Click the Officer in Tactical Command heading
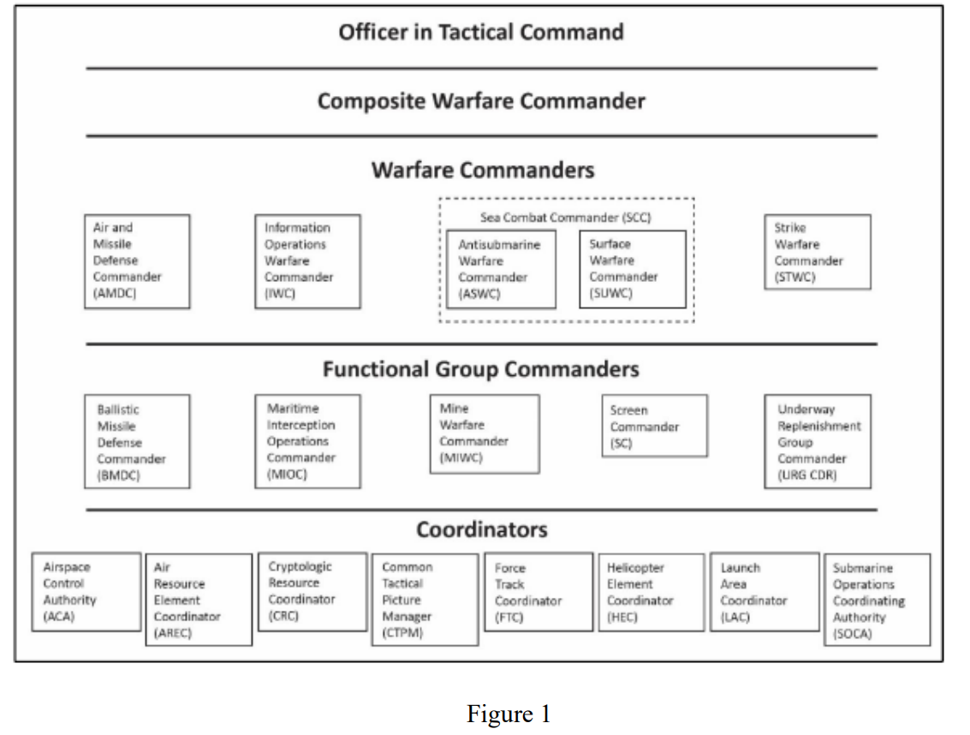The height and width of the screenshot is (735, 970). pos(480,33)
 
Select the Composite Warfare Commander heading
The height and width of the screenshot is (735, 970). pos(480,101)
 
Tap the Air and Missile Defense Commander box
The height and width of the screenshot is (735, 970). pos(137,261)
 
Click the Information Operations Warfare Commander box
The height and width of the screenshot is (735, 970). pos(307,261)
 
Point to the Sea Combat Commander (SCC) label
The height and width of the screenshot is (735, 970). pos(565,218)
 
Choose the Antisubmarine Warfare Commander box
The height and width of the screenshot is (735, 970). pos(501,269)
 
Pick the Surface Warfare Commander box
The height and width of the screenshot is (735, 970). pos(633,269)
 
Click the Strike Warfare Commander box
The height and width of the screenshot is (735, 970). pos(818,252)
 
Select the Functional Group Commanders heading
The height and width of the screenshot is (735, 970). pos(480,370)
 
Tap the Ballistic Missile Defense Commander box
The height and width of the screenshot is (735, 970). pos(137,441)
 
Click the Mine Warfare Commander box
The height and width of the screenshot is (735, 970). pos(485,434)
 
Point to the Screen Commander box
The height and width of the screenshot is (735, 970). pos(654,426)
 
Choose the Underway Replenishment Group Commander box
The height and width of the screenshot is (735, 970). pos(818,441)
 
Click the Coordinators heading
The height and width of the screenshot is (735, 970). pos(481,530)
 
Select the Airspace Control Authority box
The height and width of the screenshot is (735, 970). pos(86,592)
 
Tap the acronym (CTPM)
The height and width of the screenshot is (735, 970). pos(402,633)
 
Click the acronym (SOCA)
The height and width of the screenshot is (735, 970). pos(853,633)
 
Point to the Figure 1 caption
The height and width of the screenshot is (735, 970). pos(509,714)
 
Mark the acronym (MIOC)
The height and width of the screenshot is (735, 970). pos(287,475)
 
